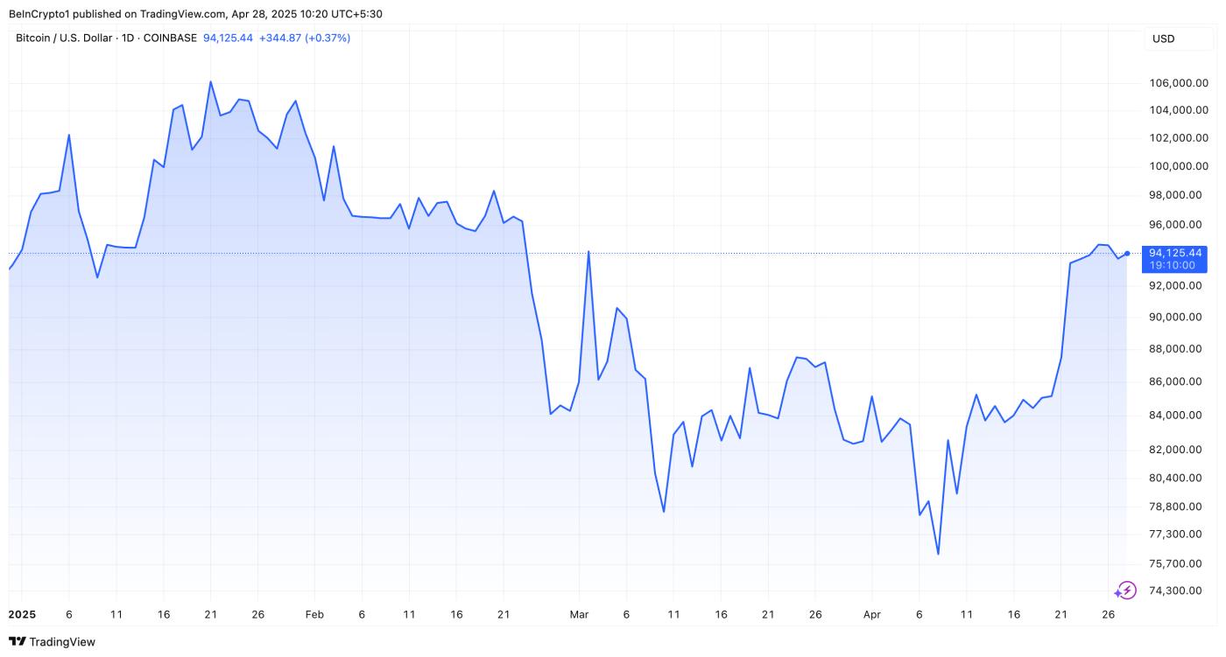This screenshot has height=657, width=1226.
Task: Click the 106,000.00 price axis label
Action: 1177,83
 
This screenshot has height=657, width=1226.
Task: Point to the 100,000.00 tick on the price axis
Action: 1177,166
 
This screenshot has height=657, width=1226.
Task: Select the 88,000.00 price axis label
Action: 1177,349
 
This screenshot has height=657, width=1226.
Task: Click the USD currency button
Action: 1164,38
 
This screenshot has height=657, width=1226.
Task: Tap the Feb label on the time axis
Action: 314,615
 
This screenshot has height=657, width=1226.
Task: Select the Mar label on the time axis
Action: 579,615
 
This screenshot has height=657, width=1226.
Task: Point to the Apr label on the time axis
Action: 871,615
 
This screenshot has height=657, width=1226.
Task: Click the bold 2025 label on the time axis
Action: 22,615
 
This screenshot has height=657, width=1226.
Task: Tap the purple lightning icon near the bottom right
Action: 1125,591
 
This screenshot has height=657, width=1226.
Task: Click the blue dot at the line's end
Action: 1127,254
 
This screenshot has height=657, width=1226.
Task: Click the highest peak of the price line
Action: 211,81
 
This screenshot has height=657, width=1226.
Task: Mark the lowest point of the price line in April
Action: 938,554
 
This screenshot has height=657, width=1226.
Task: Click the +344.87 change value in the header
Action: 279,38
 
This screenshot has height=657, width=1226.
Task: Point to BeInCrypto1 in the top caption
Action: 40,14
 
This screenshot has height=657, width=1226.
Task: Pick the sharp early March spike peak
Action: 588,252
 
